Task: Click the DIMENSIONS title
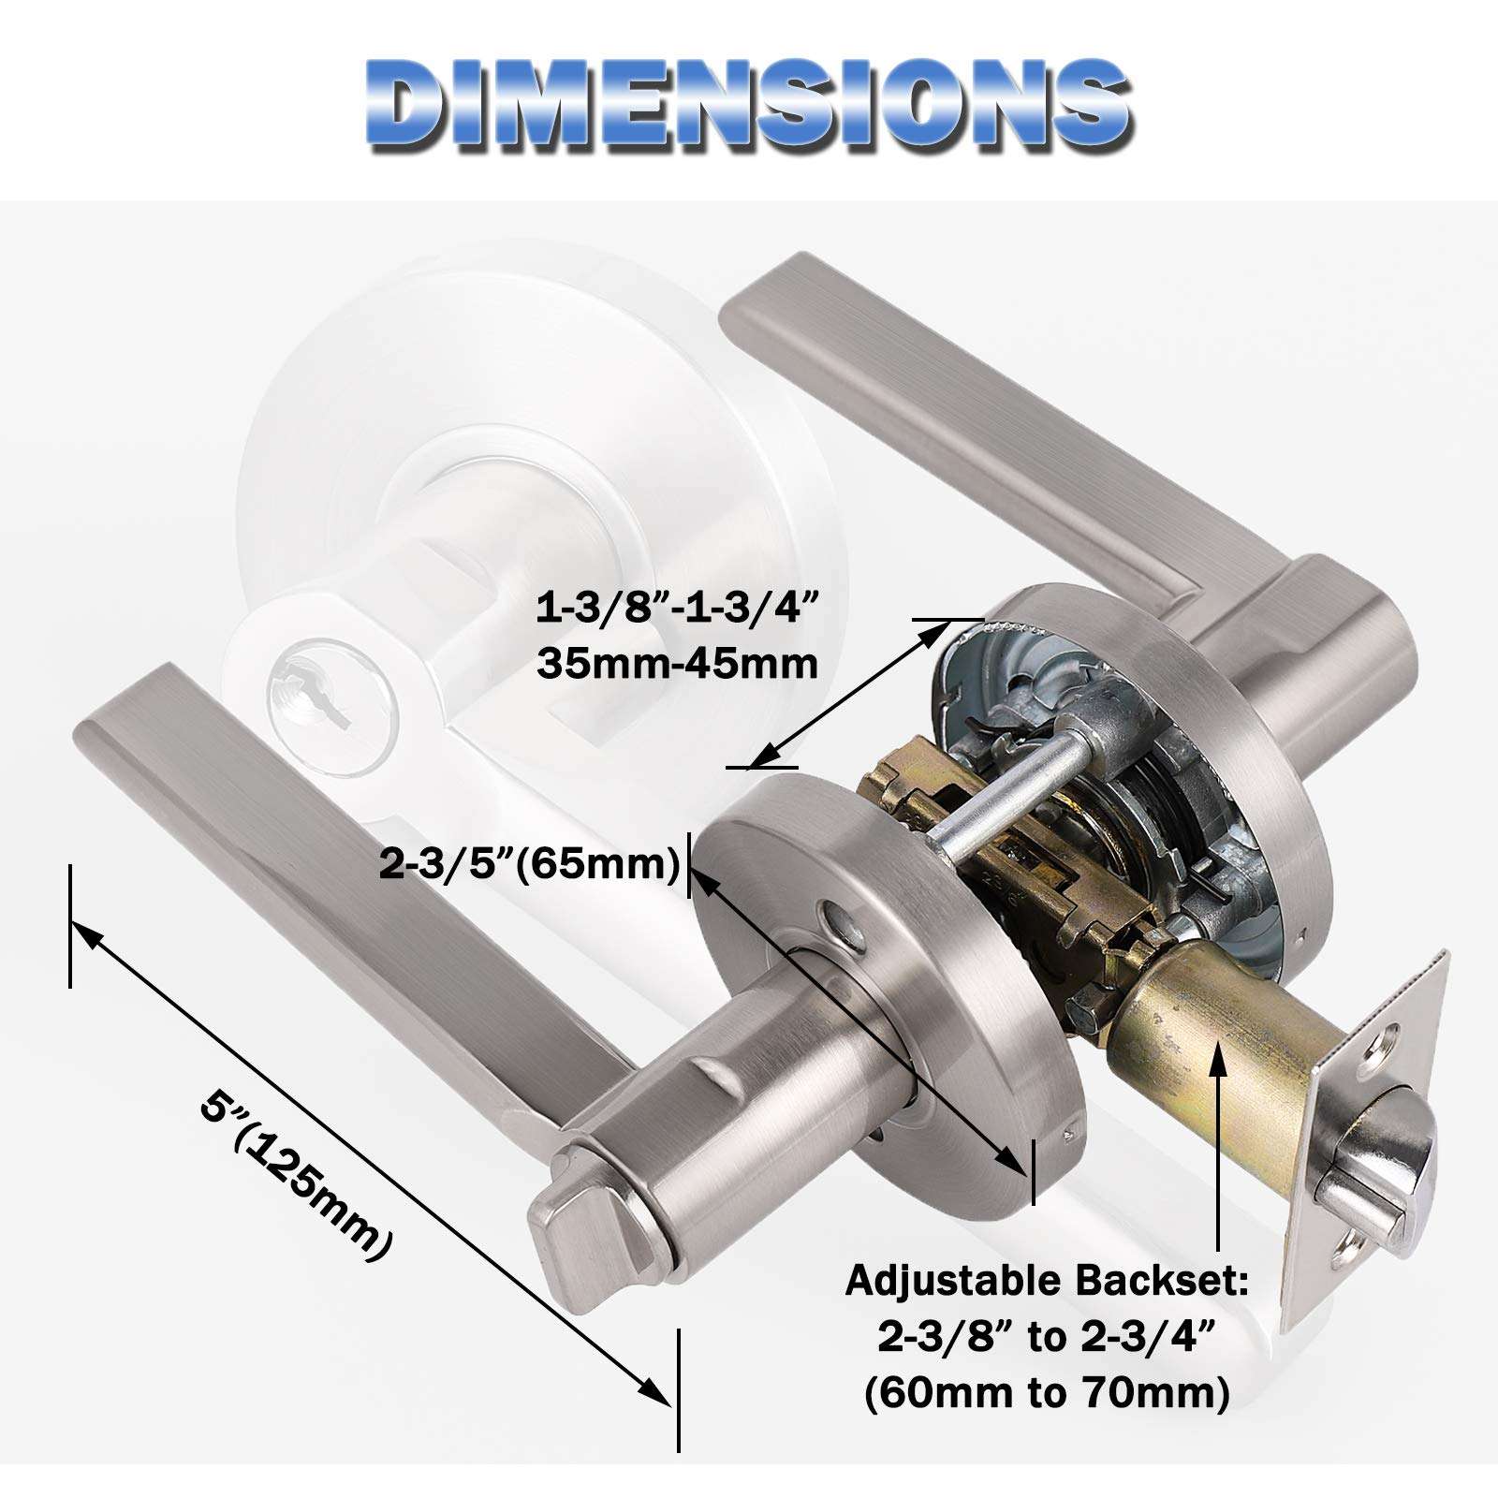748,105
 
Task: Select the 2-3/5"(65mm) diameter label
530,863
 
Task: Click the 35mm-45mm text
678,664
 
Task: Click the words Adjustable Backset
1047,1280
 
